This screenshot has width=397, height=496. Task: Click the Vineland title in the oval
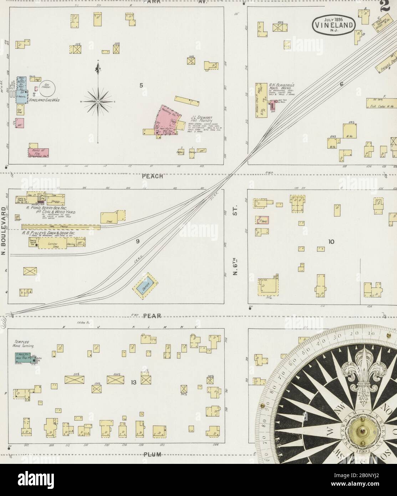(334, 25)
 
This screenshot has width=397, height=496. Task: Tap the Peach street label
(152, 176)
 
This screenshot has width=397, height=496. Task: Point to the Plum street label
(153, 454)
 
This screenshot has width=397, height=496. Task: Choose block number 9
(137, 241)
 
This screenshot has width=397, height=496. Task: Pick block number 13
(133, 383)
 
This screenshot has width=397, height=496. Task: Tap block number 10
(331, 242)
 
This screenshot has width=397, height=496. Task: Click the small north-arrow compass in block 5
(98, 102)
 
